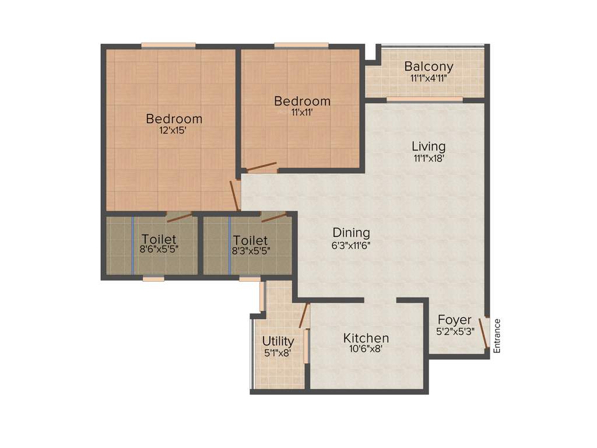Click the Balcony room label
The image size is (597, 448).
pos(429,66)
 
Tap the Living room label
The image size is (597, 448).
pos(429,146)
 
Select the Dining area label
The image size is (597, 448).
pos(351,233)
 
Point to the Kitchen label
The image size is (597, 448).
pos(366,338)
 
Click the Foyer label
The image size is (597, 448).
pos(455,320)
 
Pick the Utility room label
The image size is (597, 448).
pos(278,341)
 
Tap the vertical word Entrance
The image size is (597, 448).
pos(497,336)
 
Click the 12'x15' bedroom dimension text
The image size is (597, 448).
pos(174,131)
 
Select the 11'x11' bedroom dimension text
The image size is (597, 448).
pos(302,113)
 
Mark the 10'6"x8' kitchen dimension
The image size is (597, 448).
pos(366,350)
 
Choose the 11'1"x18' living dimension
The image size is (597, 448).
pos(429,158)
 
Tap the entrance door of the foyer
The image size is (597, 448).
pos(483,333)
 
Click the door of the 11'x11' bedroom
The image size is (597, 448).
pos(262,167)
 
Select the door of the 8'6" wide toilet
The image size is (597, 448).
pos(180,218)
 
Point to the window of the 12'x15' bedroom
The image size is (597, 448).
pos(168,45)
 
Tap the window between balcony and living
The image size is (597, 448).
pos(424,100)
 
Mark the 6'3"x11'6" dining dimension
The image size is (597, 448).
pos(351,246)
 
